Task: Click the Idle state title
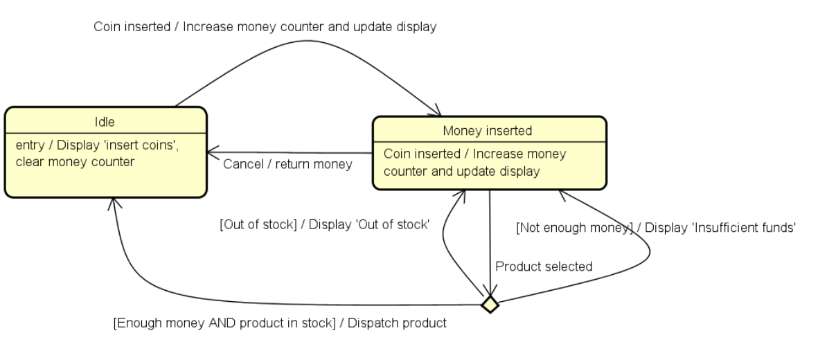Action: click(x=105, y=122)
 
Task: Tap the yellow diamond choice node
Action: click(x=490, y=303)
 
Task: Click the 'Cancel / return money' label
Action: click(x=287, y=164)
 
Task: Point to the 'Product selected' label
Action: click(x=544, y=267)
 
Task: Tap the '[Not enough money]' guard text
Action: click(x=576, y=227)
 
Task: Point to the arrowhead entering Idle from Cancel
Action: click(x=211, y=152)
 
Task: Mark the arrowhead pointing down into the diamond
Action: click(x=490, y=291)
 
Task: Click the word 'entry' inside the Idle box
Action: click(x=28, y=146)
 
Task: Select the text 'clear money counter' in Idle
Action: click(x=75, y=162)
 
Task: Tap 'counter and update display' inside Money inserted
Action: click(x=461, y=171)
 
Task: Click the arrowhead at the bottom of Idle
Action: click(x=114, y=202)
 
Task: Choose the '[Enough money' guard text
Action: click(x=156, y=323)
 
